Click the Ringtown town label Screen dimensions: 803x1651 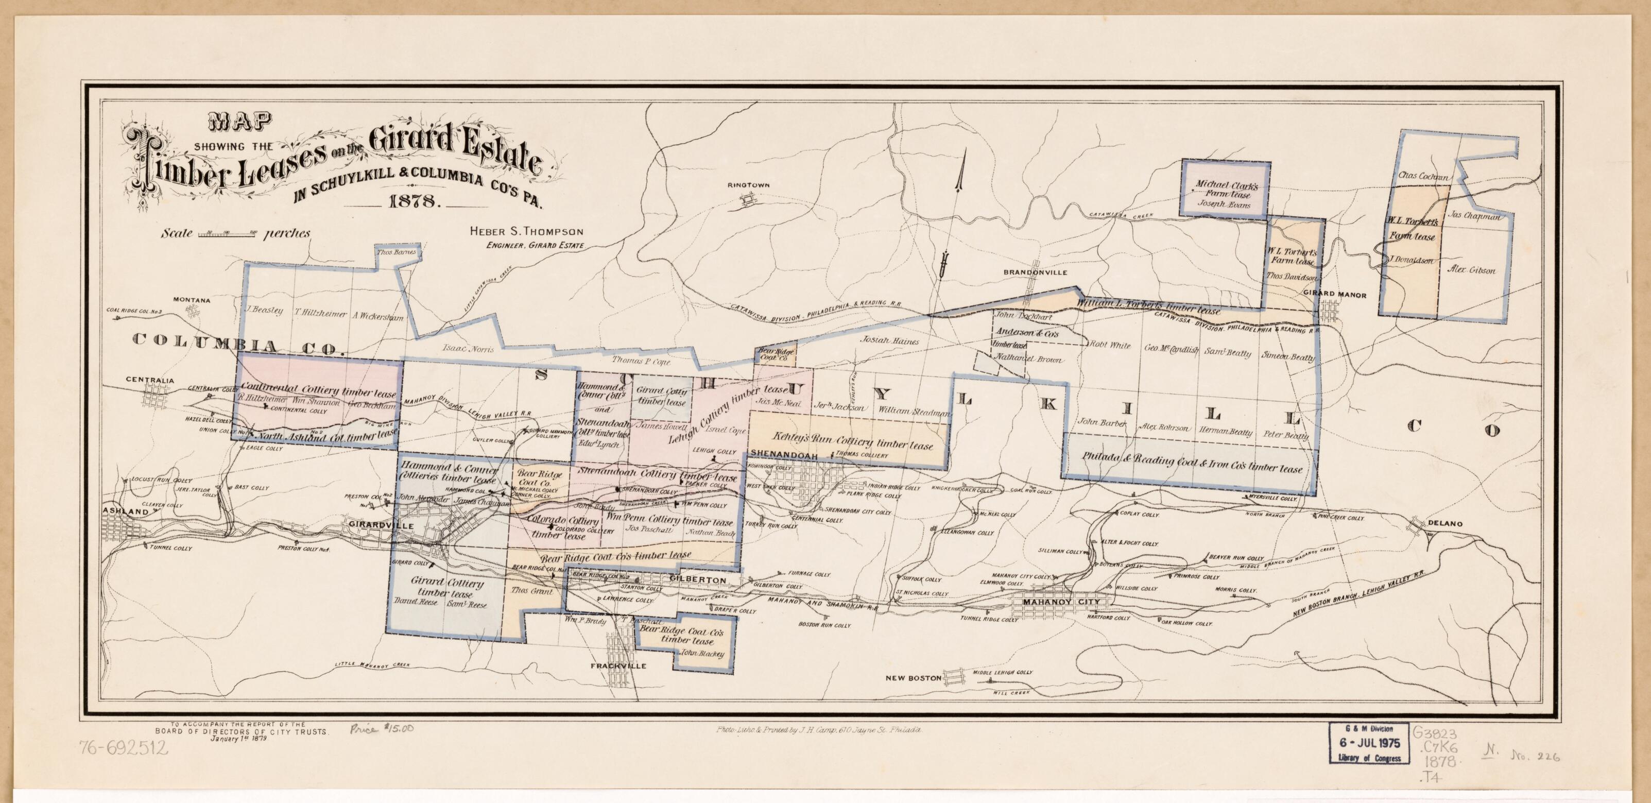748,185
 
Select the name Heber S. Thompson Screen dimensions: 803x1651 526,231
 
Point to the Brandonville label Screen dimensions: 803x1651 1035,272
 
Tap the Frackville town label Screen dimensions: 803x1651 618,666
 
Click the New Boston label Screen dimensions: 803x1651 914,678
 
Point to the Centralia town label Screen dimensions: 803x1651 149,380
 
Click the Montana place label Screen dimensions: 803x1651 191,300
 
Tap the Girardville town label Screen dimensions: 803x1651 375,524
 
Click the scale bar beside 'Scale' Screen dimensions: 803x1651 228,234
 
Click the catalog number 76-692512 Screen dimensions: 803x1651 123,748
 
